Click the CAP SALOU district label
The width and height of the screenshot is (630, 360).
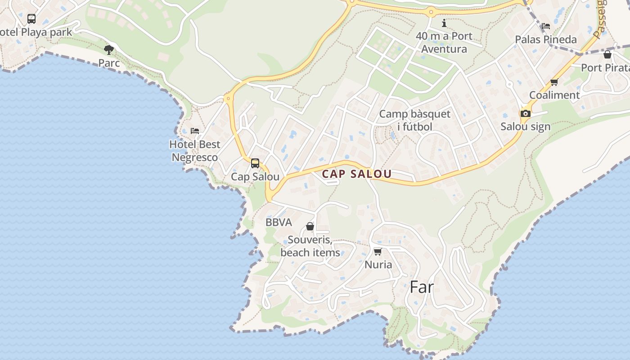(357, 174)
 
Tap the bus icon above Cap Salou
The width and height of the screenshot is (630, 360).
(255, 163)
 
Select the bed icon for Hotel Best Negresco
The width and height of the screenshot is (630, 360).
(195, 131)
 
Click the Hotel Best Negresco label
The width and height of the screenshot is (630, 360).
(195, 151)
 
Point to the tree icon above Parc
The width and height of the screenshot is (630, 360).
(108, 49)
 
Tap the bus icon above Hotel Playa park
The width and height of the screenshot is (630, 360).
(31, 19)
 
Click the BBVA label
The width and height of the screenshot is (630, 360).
(279, 222)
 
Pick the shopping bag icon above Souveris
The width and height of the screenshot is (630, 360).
(310, 226)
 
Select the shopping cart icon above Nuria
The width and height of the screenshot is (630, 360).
(378, 252)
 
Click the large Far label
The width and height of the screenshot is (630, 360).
(422, 287)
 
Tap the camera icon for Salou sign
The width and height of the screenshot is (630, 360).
(525, 113)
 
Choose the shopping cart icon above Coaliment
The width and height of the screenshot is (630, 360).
(554, 82)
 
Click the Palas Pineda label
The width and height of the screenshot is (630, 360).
(546, 40)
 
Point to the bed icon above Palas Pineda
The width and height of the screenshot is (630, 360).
(546, 26)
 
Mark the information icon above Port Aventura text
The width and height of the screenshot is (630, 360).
(444, 23)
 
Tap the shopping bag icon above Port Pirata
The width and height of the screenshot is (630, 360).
(607, 55)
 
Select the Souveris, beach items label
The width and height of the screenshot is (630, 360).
(310, 246)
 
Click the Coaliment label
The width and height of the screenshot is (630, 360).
(554, 95)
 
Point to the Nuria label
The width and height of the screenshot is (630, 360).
(378, 265)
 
